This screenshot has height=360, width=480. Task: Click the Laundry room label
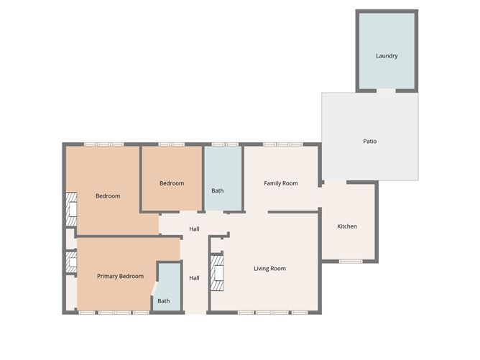point(387,56)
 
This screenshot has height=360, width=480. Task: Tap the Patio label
point(370,141)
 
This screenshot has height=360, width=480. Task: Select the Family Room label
point(281,183)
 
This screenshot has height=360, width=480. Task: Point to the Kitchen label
point(347,226)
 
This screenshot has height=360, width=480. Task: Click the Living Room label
point(269,269)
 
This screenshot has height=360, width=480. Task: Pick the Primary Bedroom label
point(120,276)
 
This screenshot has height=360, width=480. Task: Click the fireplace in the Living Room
point(217,273)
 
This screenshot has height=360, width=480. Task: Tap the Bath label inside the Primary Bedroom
point(163,301)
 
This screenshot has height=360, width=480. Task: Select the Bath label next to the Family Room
point(217,190)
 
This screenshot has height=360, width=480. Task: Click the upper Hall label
point(194,229)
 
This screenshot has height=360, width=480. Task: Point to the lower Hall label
point(194,278)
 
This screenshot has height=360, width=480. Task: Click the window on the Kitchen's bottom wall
point(351,262)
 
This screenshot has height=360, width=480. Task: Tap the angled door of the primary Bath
point(154,289)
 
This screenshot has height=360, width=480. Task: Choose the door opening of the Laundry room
point(386,91)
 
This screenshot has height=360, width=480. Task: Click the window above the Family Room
point(283,144)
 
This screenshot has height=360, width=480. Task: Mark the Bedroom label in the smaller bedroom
point(172,183)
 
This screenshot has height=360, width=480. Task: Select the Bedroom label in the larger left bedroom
point(108,196)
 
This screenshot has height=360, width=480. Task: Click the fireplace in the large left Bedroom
point(71,209)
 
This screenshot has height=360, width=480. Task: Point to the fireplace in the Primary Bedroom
point(71,262)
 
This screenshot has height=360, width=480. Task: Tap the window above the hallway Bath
point(225,144)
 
